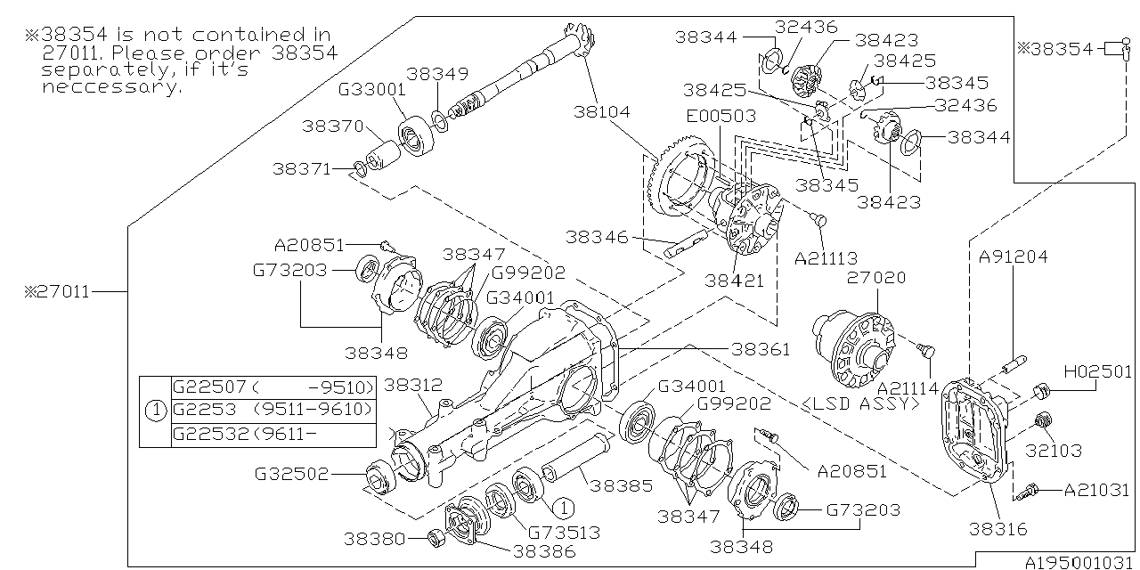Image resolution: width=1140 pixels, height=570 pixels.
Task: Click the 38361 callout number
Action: [760, 350]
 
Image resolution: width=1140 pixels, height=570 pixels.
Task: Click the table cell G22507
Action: [210, 387]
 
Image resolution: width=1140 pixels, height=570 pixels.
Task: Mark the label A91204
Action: [1014, 256]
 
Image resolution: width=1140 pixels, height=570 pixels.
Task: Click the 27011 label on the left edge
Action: [59, 291]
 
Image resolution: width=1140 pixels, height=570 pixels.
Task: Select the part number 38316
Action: [998, 529]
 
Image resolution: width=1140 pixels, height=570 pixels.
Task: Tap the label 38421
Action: [735, 280]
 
